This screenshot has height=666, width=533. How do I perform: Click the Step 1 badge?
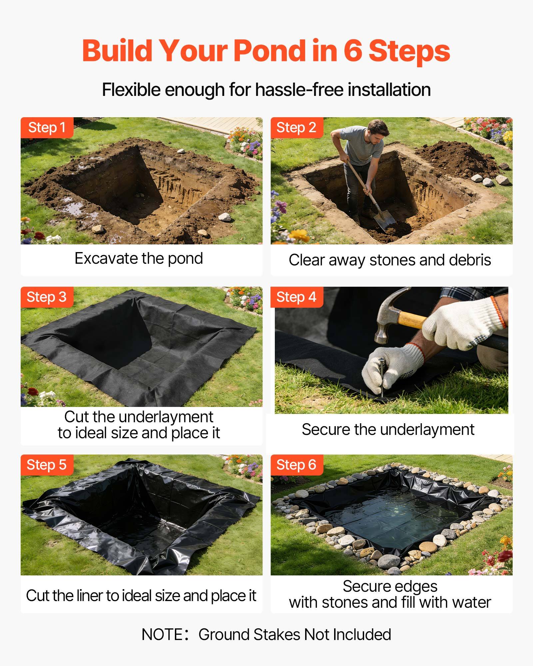(47, 128)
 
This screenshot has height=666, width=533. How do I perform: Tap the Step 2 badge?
(296, 128)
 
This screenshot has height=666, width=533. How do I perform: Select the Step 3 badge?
(47, 297)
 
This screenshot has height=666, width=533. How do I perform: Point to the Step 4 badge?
(296, 297)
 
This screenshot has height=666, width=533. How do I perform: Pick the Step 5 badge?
(47, 465)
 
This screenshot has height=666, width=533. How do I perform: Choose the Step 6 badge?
(296, 465)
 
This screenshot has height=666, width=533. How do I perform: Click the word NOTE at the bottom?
(162, 635)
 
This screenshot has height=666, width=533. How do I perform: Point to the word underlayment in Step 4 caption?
(427, 430)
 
